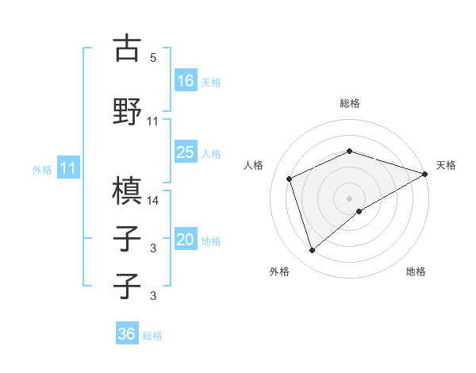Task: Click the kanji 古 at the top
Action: coord(127,48)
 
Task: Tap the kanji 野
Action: coord(127,110)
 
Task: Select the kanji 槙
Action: coord(127,190)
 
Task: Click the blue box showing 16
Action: coord(186,80)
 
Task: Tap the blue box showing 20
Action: coord(186,240)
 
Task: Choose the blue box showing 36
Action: coord(127,334)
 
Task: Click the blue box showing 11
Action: coord(68,168)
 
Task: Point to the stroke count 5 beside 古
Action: coord(152,58)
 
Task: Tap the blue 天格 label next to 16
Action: coord(211,82)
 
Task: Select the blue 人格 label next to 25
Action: coord(211,153)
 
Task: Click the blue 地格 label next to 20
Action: coord(211,241)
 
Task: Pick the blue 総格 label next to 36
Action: coord(152,336)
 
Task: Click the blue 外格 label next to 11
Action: coord(42,170)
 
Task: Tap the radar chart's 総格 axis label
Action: coord(350,103)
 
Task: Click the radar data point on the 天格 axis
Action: coord(426,175)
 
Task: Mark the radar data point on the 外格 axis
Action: coord(312,251)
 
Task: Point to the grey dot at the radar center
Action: coord(350,198)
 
